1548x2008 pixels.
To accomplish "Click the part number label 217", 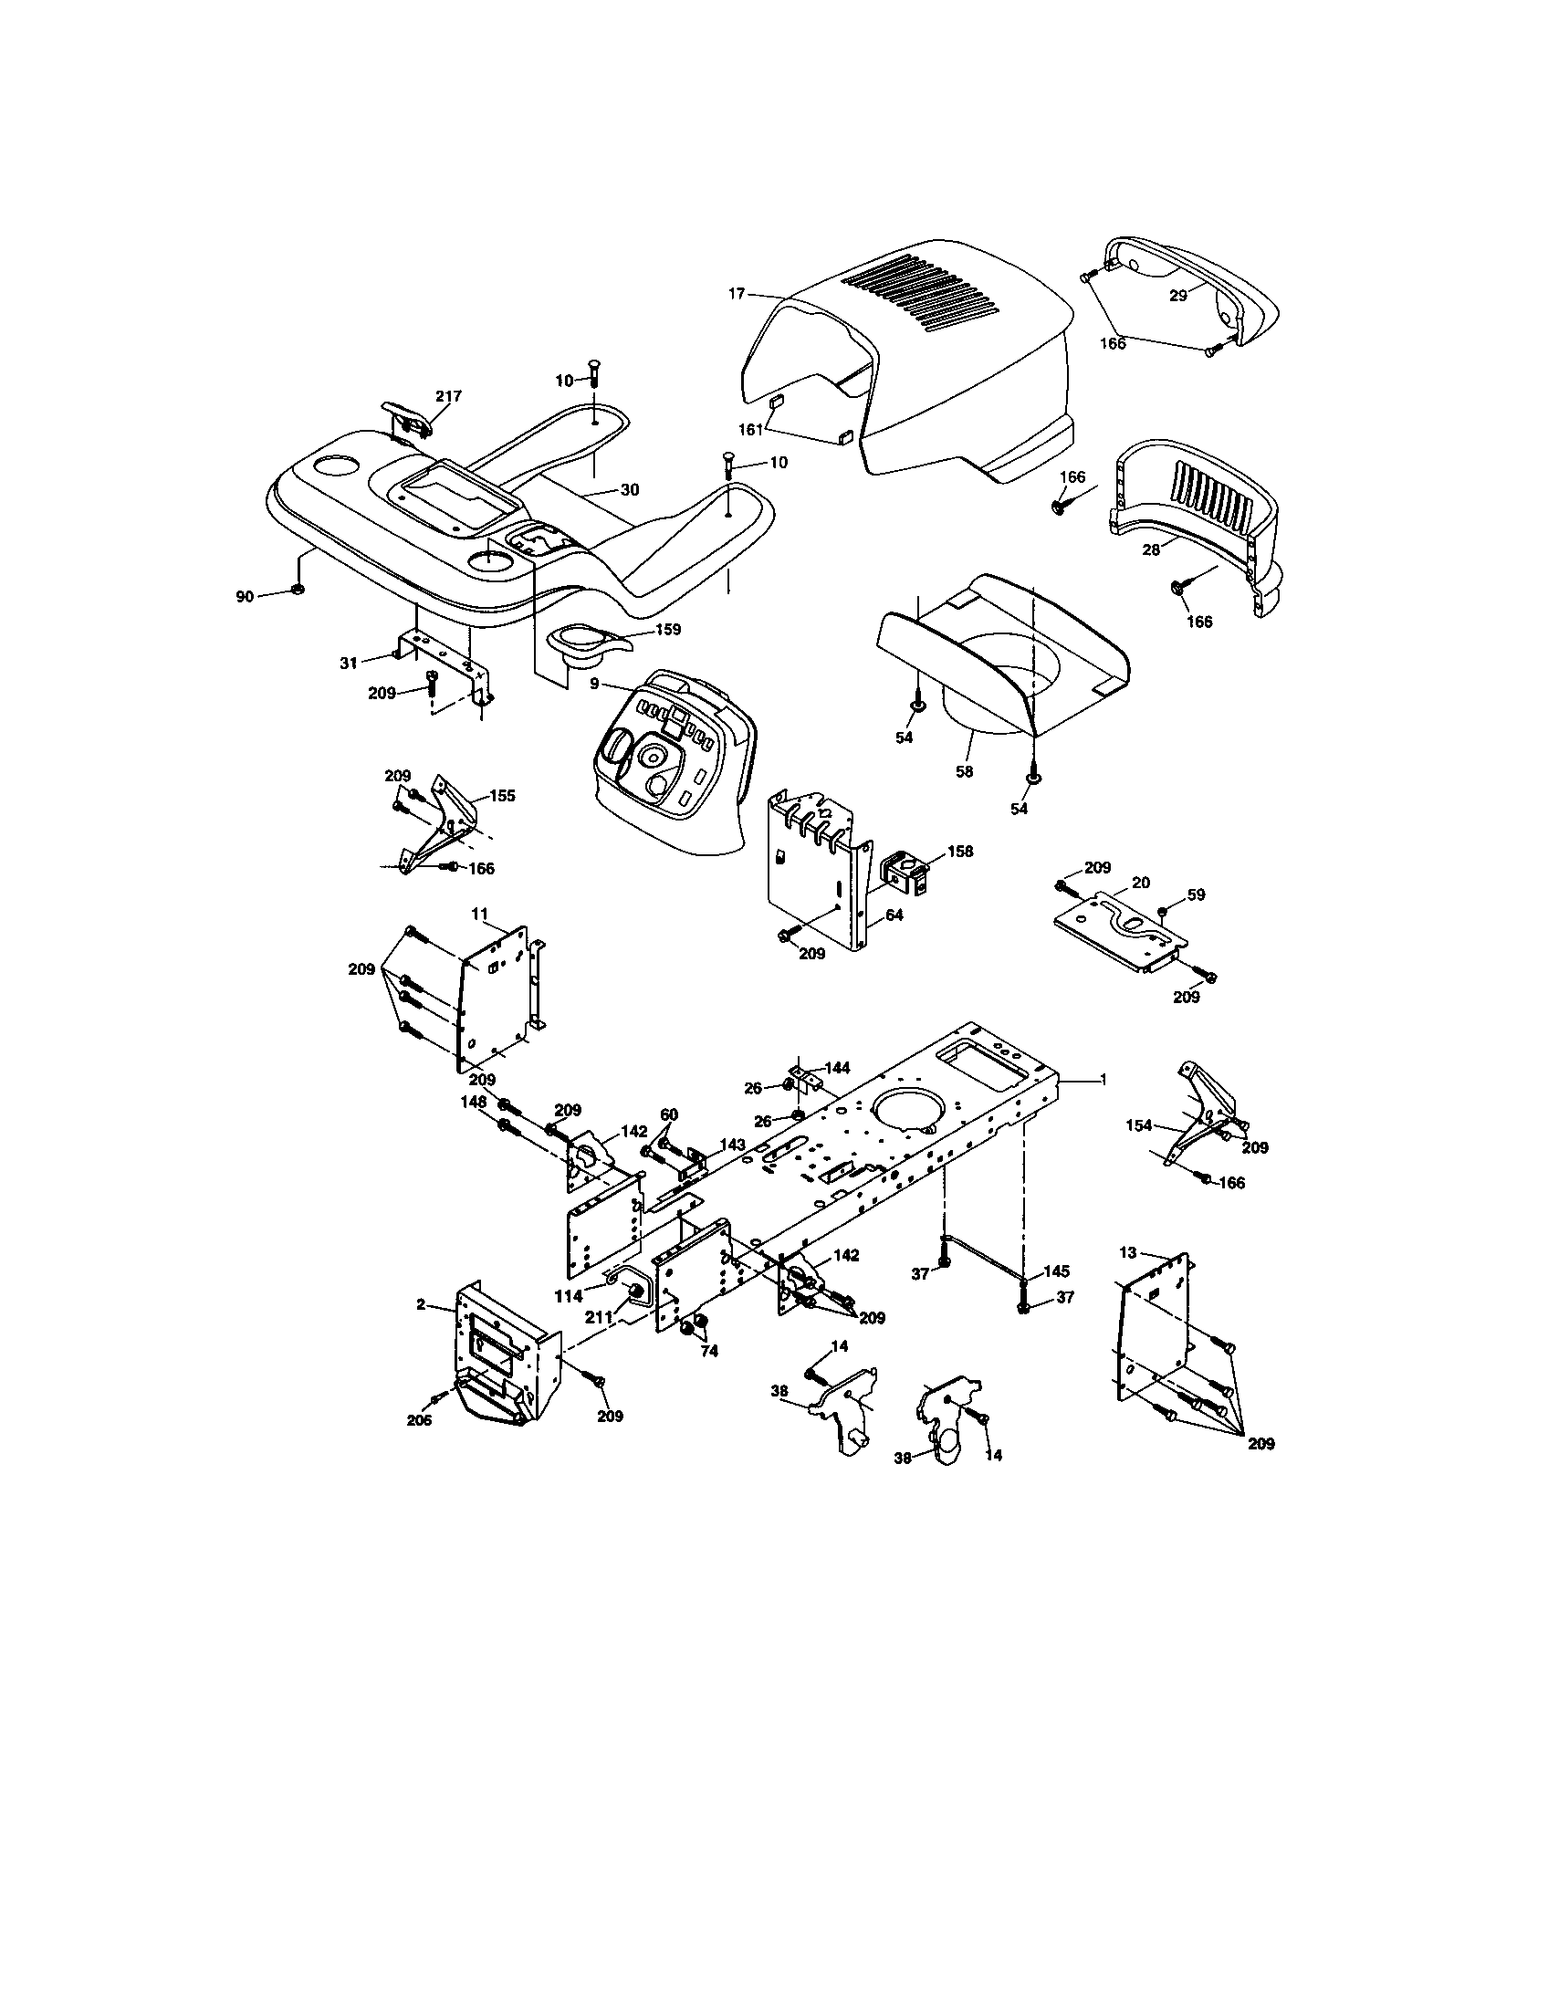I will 448,396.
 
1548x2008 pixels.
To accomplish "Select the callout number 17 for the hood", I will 736,294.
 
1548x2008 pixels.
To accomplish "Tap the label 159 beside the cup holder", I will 667,631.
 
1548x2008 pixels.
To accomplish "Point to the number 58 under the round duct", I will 963,772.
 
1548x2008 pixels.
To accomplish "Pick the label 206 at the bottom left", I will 420,1419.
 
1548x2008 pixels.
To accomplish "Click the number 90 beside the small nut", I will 244,597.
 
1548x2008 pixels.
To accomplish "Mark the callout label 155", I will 502,796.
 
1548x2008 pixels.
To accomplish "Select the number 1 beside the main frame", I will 1103,1080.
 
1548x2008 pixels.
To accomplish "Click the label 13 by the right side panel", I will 1128,1252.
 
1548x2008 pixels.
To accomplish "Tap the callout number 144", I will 836,1069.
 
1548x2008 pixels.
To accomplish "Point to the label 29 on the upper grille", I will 1177,296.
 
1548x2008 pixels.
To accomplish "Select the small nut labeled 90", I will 296,590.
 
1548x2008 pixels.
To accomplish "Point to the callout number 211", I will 601,1317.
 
